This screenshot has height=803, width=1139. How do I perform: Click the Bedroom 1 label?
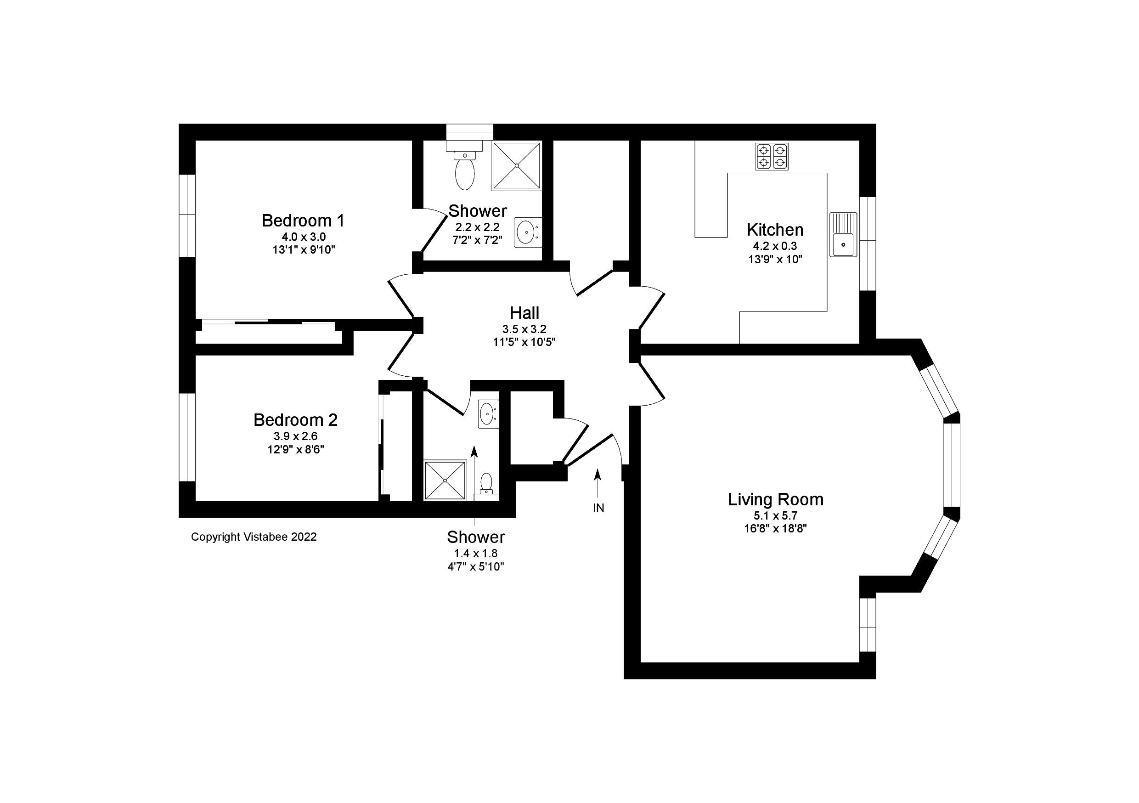click(303, 221)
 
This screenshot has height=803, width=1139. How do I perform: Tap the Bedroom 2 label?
click(295, 420)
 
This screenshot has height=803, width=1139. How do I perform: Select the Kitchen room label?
click(775, 230)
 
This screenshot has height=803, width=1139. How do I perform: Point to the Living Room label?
click(775, 499)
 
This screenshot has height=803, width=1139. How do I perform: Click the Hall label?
click(524, 313)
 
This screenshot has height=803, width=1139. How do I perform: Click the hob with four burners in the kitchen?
click(772, 156)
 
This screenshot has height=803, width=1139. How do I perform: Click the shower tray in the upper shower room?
click(516, 166)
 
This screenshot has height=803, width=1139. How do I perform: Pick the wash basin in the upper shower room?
click(527, 232)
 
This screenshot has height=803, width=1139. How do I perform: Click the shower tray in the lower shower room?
click(445, 480)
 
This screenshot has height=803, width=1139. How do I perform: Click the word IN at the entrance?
click(599, 508)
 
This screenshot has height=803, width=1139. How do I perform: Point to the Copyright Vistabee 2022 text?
click(254, 537)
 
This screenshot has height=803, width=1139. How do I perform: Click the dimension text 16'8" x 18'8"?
click(775, 529)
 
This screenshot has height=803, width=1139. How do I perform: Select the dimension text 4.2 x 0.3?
click(775, 246)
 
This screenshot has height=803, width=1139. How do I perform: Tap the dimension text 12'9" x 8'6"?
click(295, 450)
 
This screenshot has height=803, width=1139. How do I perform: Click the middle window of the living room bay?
click(952, 465)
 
